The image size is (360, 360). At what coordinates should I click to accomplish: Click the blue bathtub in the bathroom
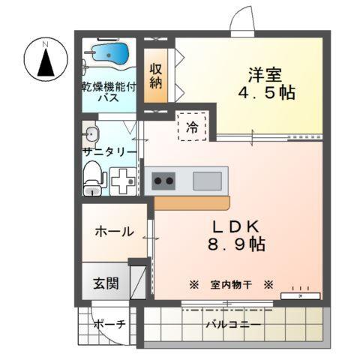coord(109,54)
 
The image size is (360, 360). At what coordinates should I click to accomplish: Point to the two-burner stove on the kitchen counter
coord(163,181)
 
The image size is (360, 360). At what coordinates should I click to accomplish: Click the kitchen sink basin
coord(208,181)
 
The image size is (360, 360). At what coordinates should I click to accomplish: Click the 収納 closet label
coord(156,76)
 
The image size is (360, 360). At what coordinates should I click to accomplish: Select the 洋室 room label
coord(265,74)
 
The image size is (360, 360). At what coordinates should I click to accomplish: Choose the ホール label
coord(114,231)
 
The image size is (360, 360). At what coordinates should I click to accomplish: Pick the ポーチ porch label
coord(109,324)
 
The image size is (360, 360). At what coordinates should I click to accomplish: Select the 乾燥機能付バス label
coord(109,92)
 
